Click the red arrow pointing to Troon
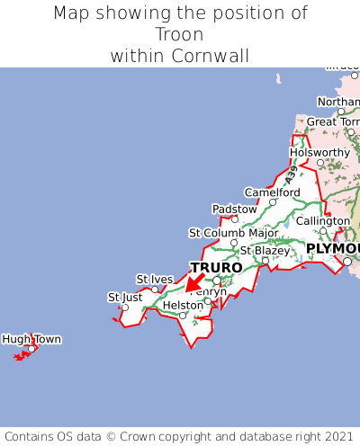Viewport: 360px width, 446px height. [193, 283]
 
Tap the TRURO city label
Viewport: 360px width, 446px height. [216, 268]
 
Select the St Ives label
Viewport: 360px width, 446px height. [155, 279]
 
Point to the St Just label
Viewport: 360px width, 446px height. [125, 297]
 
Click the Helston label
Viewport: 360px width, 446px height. [184, 306]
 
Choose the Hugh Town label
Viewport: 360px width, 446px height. [31, 339]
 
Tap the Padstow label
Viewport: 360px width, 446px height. [234, 209]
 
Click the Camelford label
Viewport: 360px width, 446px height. [272, 192]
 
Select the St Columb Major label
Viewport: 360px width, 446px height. [233, 233]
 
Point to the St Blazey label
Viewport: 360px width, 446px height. [265, 251]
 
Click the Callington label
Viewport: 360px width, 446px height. [323, 221]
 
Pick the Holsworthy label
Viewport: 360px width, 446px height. [319, 153]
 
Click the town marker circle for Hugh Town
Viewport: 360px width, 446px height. [31, 349]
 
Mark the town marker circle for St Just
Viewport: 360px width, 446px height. [124, 308]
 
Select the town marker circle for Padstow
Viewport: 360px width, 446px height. [235, 219]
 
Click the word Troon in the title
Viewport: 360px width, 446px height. [179, 35]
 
